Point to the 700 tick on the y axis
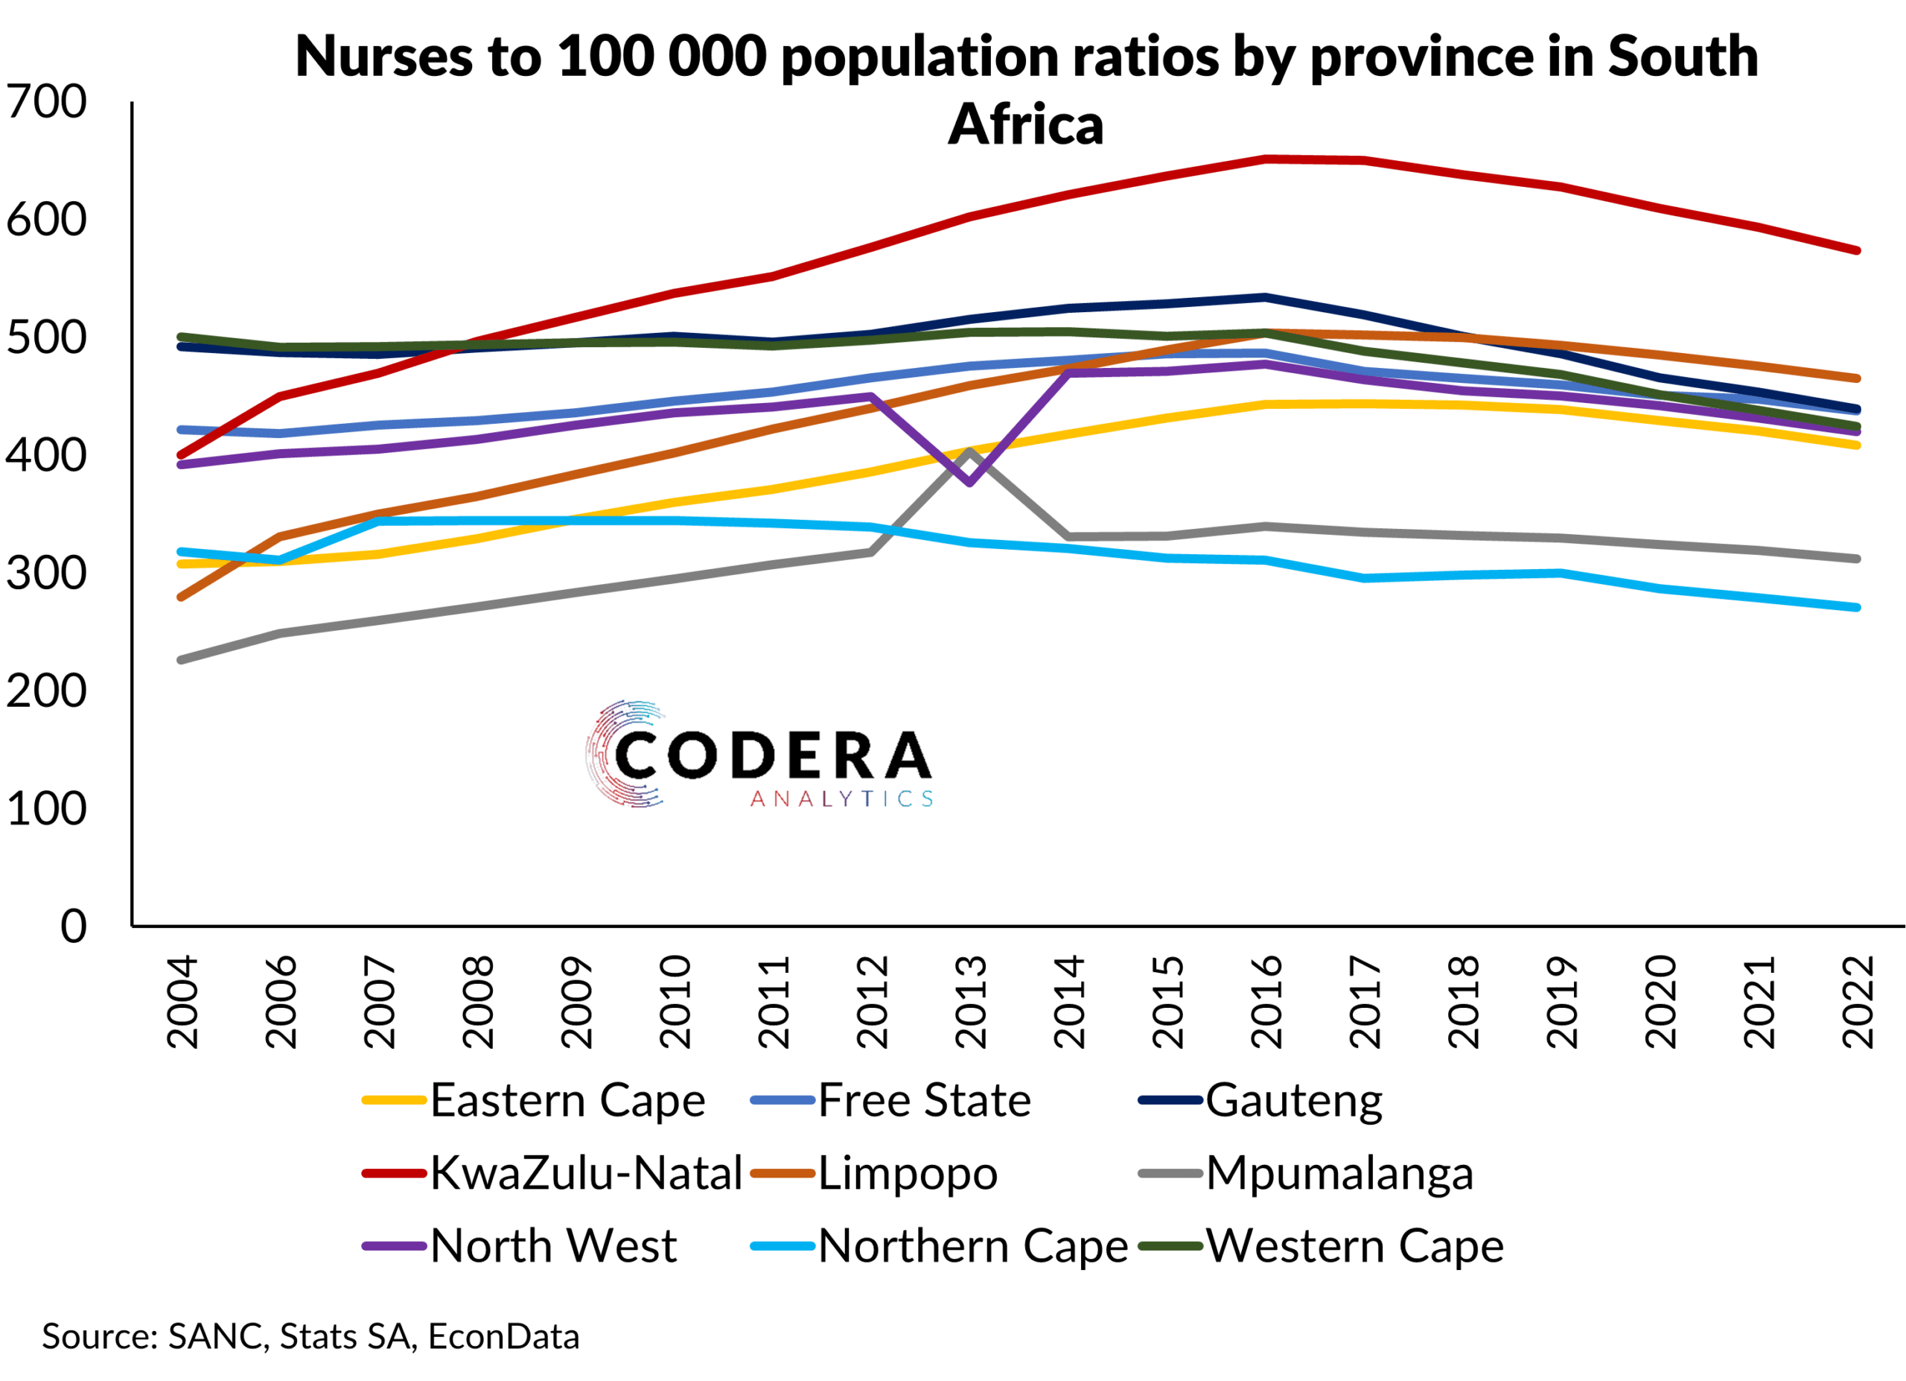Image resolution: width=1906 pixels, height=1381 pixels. [x=46, y=102]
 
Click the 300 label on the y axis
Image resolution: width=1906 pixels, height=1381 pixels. [x=46, y=574]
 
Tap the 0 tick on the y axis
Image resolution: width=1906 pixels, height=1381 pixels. [x=73, y=927]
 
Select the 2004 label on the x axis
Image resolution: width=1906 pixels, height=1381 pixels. [x=183, y=1002]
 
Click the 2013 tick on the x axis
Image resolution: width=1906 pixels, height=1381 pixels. [x=971, y=1002]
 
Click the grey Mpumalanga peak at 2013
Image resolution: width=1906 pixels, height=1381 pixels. [x=970, y=451]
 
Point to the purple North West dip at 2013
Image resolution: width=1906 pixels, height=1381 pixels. [x=970, y=483]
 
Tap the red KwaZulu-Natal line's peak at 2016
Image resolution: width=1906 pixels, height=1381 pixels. [x=1266, y=158]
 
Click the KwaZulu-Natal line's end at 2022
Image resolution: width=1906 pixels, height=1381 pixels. [x=1856, y=250]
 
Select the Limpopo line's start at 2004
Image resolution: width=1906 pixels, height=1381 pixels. [x=182, y=597]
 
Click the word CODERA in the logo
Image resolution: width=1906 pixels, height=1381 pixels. [x=772, y=754]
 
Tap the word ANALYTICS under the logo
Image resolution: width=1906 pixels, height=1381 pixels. [x=841, y=799]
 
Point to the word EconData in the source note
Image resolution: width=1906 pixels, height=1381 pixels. [x=503, y=1336]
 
